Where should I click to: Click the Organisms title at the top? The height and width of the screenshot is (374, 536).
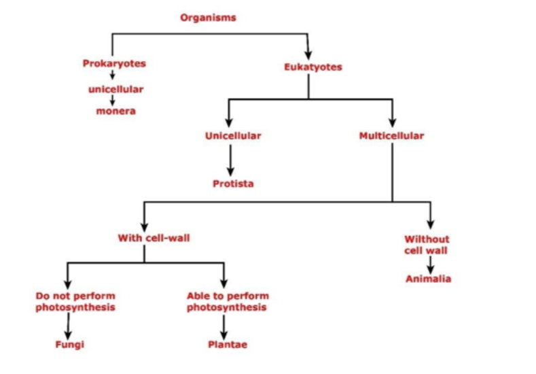(x=208, y=18)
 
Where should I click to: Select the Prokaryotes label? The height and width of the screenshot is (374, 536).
(x=114, y=64)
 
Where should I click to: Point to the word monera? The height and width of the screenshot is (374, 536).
(x=115, y=111)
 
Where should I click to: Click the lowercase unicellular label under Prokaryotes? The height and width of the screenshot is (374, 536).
(x=115, y=89)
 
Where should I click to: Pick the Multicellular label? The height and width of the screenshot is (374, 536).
(x=391, y=135)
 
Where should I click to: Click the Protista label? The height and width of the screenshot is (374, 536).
(x=232, y=184)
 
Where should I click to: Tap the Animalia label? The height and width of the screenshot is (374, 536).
(x=428, y=279)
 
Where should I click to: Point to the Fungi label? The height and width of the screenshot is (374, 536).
(x=69, y=344)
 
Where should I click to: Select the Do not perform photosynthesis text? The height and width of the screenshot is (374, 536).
(x=75, y=301)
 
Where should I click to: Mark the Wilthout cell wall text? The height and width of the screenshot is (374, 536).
(x=427, y=244)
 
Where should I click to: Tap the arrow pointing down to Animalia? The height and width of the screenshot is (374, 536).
(x=430, y=264)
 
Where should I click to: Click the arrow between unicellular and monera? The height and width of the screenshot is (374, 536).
(x=112, y=100)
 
